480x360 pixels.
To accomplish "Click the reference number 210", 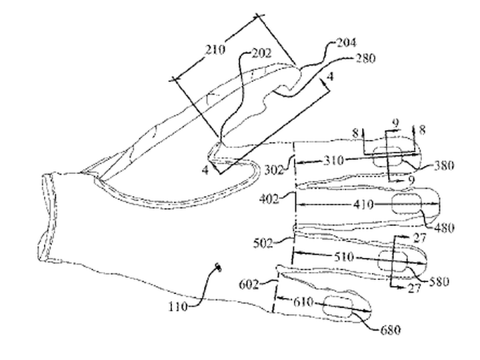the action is pyautogui.click(x=215, y=49).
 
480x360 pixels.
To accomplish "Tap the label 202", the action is pyautogui.click(x=261, y=53).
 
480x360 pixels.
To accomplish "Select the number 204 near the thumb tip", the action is pyautogui.click(x=346, y=43).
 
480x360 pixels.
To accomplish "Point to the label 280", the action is pyautogui.click(x=365, y=58).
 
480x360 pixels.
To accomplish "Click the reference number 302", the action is pyautogui.click(x=274, y=169).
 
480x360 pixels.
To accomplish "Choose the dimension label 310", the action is pyautogui.click(x=334, y=161).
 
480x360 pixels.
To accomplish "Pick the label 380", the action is pyautogui.click(x=443, y=165).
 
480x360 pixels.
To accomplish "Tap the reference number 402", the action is pyautogui.click(x=269, y=199).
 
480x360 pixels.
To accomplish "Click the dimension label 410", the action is pyautogui.click(x=364, y=205).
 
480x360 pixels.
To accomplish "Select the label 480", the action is pyautogui.click(x=444, y=228).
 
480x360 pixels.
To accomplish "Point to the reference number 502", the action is pyautogui.click(x=263, y=244).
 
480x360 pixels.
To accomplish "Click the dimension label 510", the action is pyautogui.click(x=344, y=257).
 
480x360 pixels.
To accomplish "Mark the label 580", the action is pyautogui.click(x=439, y=281).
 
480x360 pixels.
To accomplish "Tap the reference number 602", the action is pyautogui.click(x=249, y=285).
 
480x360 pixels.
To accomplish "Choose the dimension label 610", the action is pyautogui.click(x=303, y=303).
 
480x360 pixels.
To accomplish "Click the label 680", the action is pyautogui.click(x=390, y=330).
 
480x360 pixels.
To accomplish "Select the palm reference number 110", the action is pyautogui.click(x=179, y=307).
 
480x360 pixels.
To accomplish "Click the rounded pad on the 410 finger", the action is pyautogui.click(x=407, y=204).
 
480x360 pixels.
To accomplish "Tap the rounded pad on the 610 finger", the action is pyautogui.click(x=337, y=307).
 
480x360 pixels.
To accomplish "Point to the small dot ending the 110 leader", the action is pyautogui.click(x=218, y=267).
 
